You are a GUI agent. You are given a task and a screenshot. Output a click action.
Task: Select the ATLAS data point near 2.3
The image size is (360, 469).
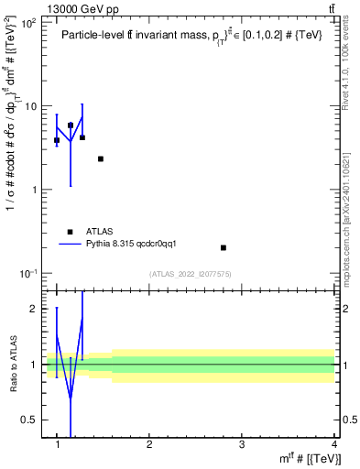(x=101, y=158)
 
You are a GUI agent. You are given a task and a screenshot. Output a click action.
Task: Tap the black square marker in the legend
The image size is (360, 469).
(x=69, y=232)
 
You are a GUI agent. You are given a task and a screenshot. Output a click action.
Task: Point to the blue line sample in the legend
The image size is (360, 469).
(x=69, y=244)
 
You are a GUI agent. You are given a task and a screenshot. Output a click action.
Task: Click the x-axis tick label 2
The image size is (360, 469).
(x=149, y=444)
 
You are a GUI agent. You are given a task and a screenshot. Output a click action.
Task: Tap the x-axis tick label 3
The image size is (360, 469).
(x=242, y=444)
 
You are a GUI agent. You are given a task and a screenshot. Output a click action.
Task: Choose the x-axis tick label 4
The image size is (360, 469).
(x=333, y=444)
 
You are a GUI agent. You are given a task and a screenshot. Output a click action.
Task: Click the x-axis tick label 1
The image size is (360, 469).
(x=57, y=444)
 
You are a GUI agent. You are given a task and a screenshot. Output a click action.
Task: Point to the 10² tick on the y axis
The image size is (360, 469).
(x=30, y=22)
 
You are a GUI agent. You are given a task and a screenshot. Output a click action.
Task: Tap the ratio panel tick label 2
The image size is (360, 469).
(x=34, y=309)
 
